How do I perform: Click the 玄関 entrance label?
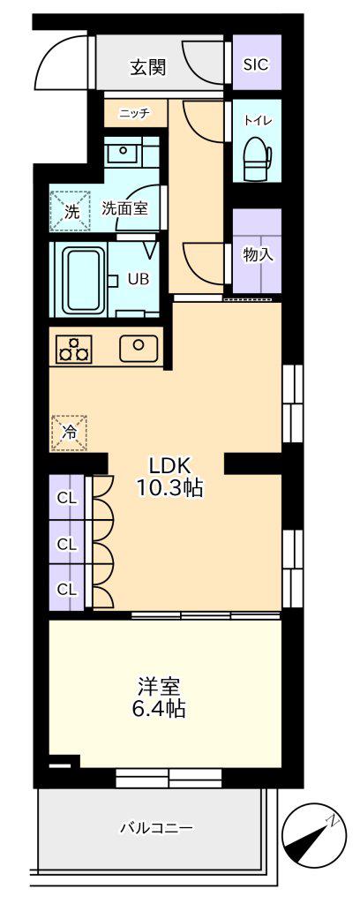point(148,67)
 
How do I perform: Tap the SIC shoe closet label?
point(256,64)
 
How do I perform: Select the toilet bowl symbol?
point(257,156)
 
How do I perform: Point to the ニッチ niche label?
point(134,114)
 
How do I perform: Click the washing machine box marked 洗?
point(71,209)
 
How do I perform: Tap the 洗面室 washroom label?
point(124,208)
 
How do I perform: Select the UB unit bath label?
point(139,279)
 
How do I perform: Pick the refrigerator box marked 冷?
point(70,433)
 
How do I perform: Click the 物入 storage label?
point(258,254)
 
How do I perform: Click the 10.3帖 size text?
point(169,489)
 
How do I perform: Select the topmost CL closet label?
point(67,499)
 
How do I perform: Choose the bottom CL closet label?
point(67,589)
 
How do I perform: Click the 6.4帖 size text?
point(159,709)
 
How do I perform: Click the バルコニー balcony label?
point(156,828)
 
